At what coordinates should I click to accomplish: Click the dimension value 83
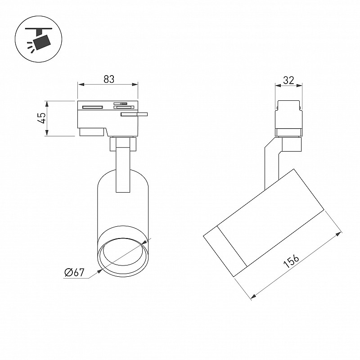(x=109, y=79)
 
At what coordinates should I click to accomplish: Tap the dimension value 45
(x=42, y=118)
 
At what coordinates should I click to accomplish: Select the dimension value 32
(x=288, y=80)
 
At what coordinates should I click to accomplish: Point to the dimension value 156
(x=291, y=261)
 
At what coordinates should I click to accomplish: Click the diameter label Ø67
(x=75, y=273)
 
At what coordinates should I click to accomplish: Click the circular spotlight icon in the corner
(x=39, y=39)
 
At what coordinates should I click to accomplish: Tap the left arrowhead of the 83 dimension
(x=81, y=85)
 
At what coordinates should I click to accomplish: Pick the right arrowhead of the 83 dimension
(x=135, y=85)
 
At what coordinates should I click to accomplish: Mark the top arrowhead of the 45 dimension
(x=47, y=104)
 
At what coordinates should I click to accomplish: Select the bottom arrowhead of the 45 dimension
(x=47, y=132)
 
